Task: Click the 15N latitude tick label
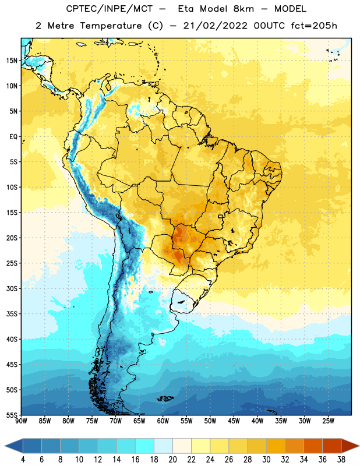[x=12, y=61]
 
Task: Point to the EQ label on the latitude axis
[x=13, y=137]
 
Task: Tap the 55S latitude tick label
[x=12, y=415]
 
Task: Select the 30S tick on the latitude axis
[x=12, y=288]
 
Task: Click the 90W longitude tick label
[x=22, y=421]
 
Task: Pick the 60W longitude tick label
[x=163, y=421]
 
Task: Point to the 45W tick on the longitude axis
[x=234, y=421]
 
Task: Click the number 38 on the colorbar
[x=341, y=460]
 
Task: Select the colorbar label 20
[x=172, y=460]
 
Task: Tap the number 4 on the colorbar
[x=23, y=460]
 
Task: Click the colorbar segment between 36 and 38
[x=332, y=446]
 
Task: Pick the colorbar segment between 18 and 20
[x=164, y=446]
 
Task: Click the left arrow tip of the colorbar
[x=5, y=446]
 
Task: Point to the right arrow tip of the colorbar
[x=359, y=446]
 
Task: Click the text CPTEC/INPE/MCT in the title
[x=109, y=9]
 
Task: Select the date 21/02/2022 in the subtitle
[x=215, y=26]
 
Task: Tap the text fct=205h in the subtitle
[x=314, y=26]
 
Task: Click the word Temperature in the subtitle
[x=111, y=26]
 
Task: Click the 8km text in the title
[x=243, y=9]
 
